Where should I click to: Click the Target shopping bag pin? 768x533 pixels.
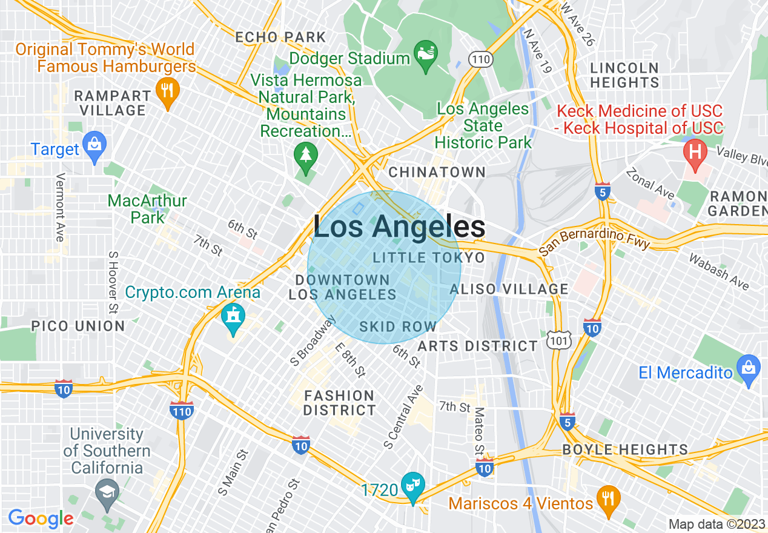pos(94,146)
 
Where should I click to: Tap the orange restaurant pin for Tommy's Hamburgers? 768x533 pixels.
pos(167,91)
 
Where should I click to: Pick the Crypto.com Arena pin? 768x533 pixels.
pos(233,316)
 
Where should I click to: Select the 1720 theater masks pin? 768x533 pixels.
pos(413,485)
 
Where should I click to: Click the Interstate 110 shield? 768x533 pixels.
pos(182,410)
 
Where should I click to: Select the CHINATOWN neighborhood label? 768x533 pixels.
pos(437,173)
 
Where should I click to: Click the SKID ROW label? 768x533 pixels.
pos(397,327)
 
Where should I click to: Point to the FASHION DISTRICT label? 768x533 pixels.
pos(339,403)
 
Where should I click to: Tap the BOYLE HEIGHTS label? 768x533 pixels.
pos(624,450)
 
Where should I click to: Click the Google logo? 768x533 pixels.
pos(41,518)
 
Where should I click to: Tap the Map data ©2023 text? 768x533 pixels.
pos(717,524)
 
